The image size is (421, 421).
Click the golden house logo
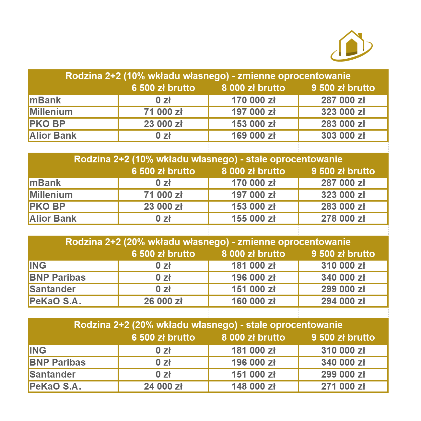coord(351,46)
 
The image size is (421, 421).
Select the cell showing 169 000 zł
coord(253,135)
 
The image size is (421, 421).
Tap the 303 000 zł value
coord(343,135)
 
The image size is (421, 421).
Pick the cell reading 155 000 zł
coord(253,218)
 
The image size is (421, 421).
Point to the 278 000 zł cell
coord(343,218)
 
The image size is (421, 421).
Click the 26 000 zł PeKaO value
coord(163,301)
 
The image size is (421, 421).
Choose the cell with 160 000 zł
coord(253,301)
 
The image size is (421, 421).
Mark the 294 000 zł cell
coord(343,301)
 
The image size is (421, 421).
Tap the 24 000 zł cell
coord(163,386)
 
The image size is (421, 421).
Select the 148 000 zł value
coord(253,386)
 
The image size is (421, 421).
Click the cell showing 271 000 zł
coord(343,386)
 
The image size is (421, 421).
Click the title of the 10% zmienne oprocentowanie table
coord(208,76)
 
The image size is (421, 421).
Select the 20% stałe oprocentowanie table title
coord(208,325)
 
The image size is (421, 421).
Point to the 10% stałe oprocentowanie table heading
coord(208,159)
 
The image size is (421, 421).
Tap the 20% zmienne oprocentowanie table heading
coord(208,242)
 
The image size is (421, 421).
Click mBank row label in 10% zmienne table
coord(45,100)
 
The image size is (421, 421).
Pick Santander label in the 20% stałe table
coord(53,374)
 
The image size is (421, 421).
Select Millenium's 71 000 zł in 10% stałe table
coord(163,195)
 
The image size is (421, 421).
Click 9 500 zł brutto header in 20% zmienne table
coord(343,254)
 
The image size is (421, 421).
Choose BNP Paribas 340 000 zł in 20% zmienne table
coord(343,277)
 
